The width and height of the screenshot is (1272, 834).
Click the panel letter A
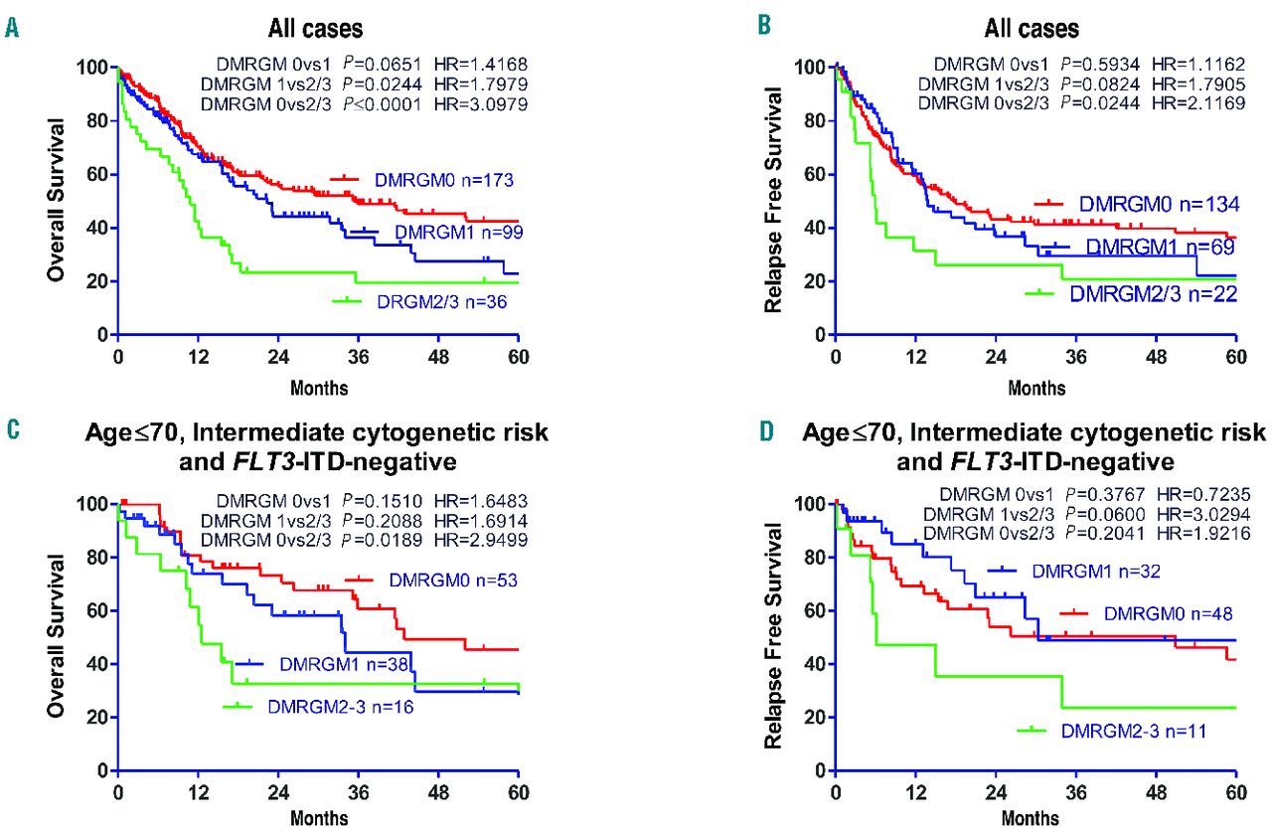click(12, 29)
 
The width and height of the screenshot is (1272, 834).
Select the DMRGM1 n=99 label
click(453, 232)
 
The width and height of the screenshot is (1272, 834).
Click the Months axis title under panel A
click(319, 387)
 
